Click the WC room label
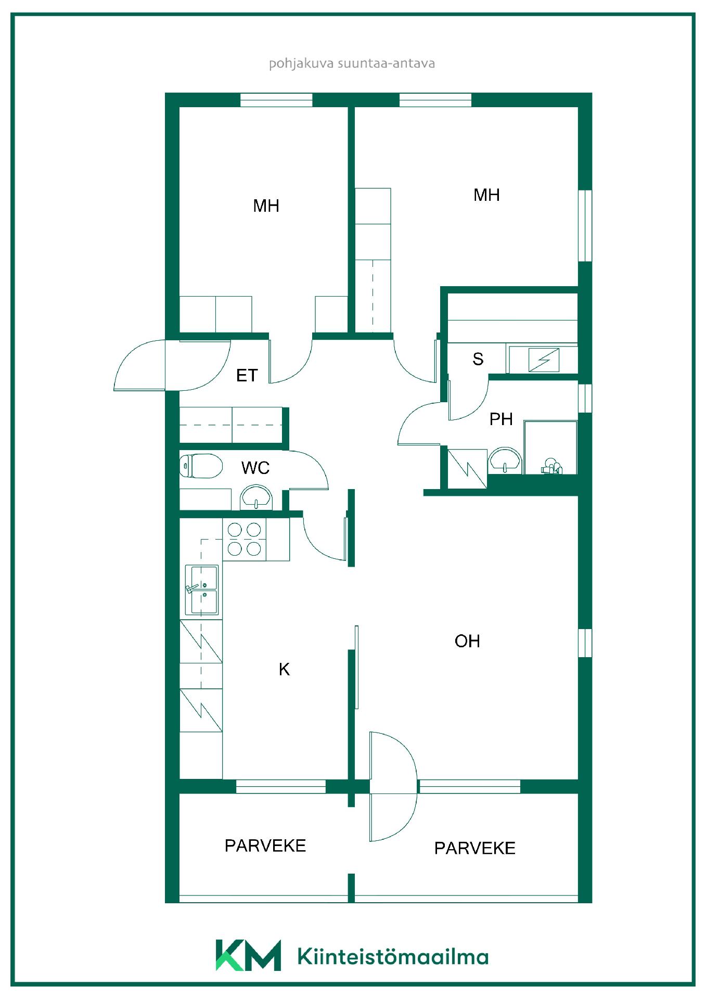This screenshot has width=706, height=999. [255, 468]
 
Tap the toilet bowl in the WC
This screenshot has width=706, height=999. [201, 466]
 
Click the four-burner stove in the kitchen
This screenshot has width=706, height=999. [245, 539]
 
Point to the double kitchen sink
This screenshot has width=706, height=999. [202, 590]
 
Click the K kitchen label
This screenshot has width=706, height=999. [284, 669]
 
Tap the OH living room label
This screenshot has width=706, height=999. [467, 641]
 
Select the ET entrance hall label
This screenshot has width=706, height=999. [247, 375]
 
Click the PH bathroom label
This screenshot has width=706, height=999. [501, 419]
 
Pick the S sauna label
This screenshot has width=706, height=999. [478, 358]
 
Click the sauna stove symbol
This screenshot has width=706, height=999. [544, 360]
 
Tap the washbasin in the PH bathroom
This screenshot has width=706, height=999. [505, 460]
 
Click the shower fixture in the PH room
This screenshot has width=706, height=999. [551, 466]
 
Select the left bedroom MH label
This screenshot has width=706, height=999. [266, 206]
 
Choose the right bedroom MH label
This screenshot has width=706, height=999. [486, 195]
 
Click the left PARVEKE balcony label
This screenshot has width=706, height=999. [265, 846]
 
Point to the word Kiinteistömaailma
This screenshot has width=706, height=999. [393, 956]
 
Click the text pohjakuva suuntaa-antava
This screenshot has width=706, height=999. [352, 63]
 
